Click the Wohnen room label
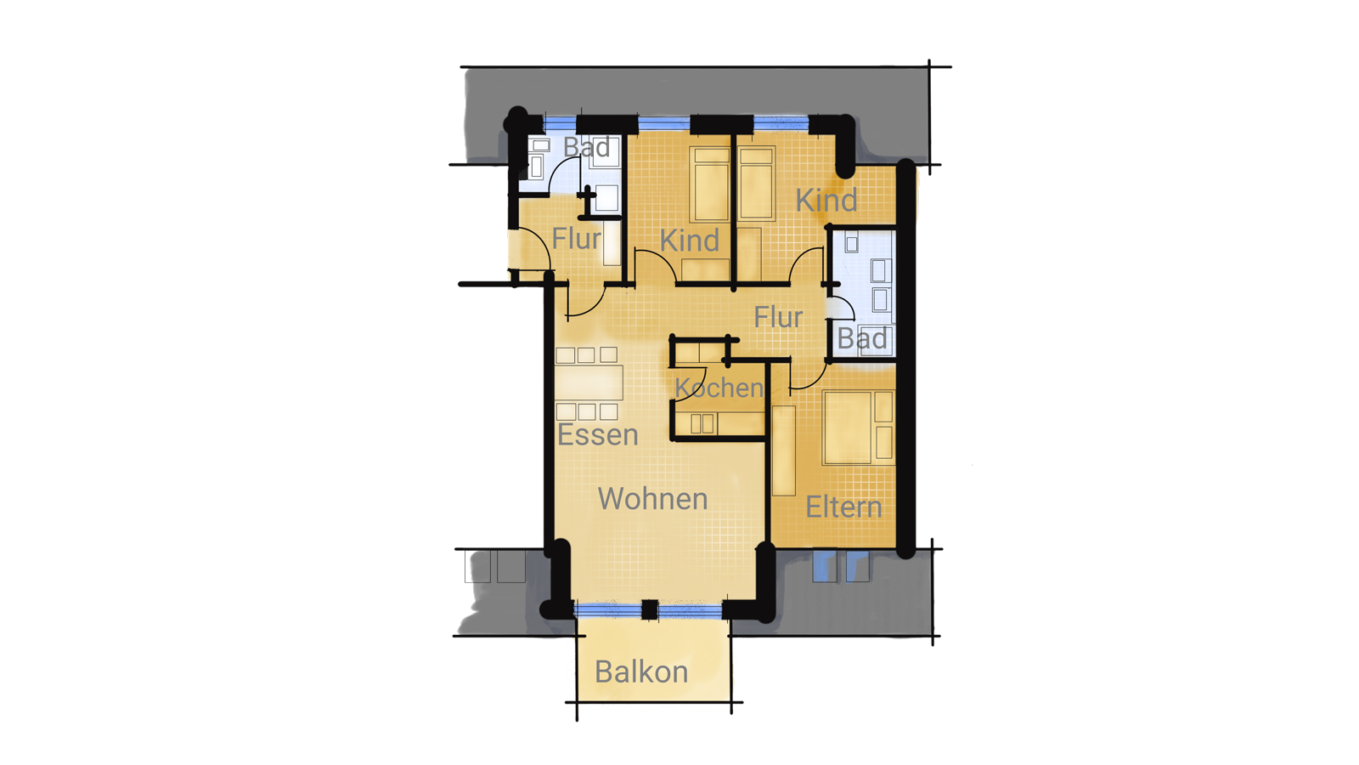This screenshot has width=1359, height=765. pyautogui.click(x=653, y=499)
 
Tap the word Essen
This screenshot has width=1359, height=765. pyautogui.click(x=598, y=434)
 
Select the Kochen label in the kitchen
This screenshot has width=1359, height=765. pyautogui.click(x=719, y=388)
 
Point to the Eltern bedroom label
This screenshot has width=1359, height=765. pyautogui.click(x=843, y=507)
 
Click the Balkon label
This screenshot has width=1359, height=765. pyautogui.click(x=641, y=672)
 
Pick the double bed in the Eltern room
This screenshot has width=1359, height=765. pyautogui.click(x=858, y=428)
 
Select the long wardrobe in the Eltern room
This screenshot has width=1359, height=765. pyautogui.click(x=784, y=450)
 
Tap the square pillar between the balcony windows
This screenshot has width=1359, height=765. pyautogui.click(x=650, y=609)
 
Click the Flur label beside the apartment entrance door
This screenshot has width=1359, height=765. pyautogui.click(x=577, y=239)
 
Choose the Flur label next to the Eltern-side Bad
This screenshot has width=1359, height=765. pyautogui.click(x=778, y=318)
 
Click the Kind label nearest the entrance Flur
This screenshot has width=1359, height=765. pyautogui.click(x=689, y=241)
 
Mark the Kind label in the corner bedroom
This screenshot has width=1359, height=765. pyautogui.click(x=826, y=201)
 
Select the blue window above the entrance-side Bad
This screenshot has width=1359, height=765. pyautogui.click(x=560, y=124)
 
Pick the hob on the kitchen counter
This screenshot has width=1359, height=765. pyautogui.click(x=702, y=423)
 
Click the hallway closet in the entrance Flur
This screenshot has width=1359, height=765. pyautogui.click(x=612, y=243)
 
